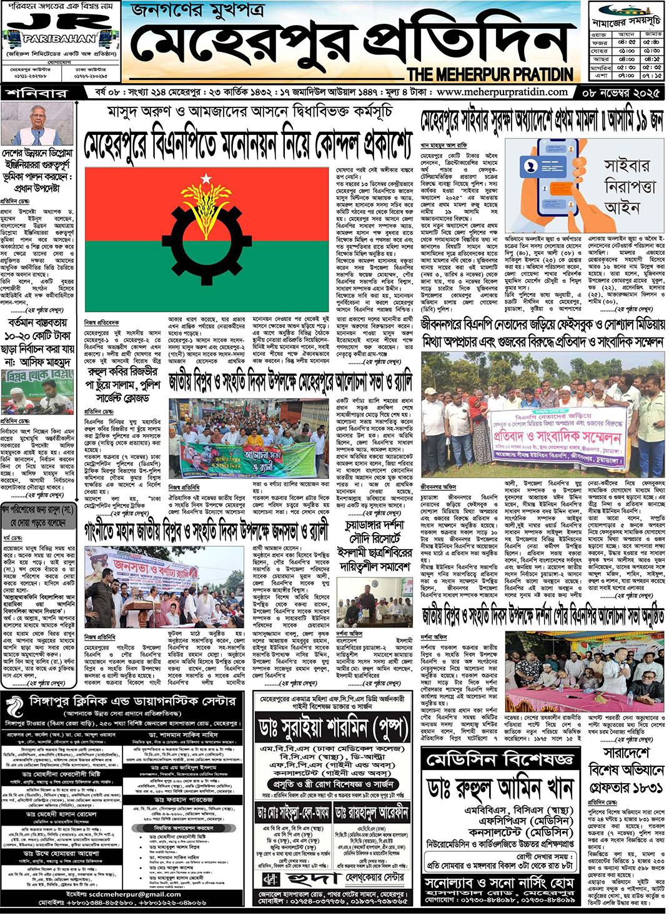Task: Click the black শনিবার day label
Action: [37, 93]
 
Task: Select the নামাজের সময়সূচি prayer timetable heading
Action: [626, 21]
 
